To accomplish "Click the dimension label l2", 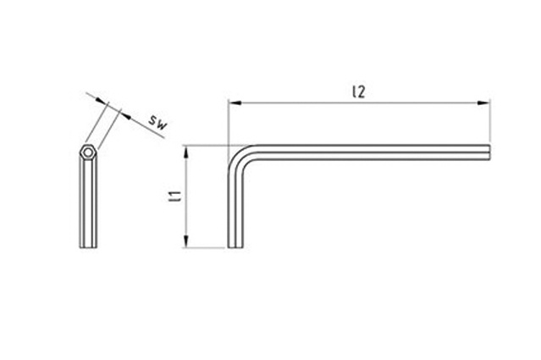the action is [x=359, y=91].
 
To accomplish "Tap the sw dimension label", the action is [x=158, y=123].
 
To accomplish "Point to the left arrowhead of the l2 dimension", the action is [x=235, y=102].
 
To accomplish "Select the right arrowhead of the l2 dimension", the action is [x=483, y=102].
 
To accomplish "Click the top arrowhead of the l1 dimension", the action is [x=186, y=152].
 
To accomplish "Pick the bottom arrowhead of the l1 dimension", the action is [x=186, y=241].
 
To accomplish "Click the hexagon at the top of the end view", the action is [x=88, y=152].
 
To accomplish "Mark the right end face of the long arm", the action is [x=489, y=152].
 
